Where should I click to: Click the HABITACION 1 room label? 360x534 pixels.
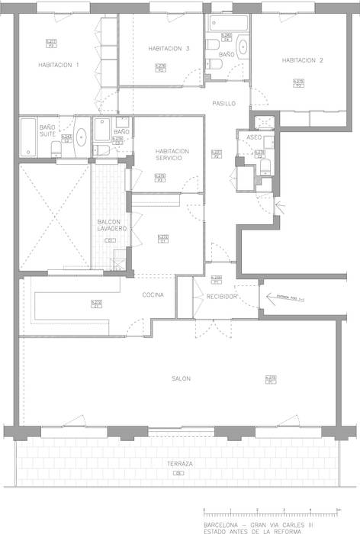[x=59, y=65]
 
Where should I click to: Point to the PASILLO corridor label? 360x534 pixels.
[x=223, y=103]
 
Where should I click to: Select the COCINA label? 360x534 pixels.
[x=153, y=295]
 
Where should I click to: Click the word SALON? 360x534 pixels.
[x=181, y=378]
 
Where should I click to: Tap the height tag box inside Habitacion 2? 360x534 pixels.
[x=299, y=83]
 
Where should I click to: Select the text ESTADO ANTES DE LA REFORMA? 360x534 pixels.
[x=249, y=531]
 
